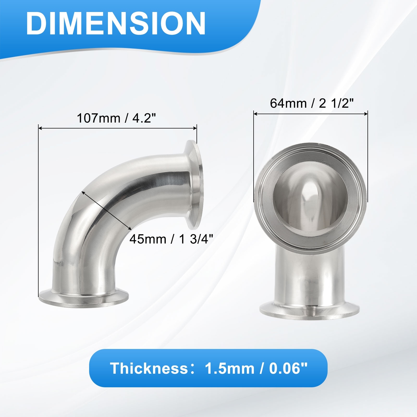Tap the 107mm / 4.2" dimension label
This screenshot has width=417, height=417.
[x=116, y=118]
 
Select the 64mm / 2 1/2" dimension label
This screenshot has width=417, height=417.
[x=312, y=103]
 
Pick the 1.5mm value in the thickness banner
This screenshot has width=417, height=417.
[x=229, y=368]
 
